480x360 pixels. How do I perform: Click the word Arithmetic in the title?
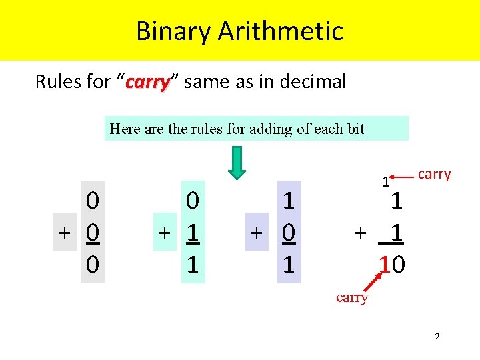(280, 31)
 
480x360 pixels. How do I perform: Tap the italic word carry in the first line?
(148, 83)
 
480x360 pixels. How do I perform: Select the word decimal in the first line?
(312, 82)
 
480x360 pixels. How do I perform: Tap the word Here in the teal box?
(125, 129)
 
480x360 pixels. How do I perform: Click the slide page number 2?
(437, 337)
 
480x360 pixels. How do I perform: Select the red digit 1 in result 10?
(383, 265)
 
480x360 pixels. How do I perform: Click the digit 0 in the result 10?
(398, 265)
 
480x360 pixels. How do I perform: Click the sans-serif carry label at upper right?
(435, 175)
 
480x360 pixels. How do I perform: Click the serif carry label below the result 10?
(352, 298)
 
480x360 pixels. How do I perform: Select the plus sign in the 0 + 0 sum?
(65, 234)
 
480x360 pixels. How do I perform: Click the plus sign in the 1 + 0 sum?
(256, 234)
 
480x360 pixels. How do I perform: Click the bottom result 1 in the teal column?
(192, 265)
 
